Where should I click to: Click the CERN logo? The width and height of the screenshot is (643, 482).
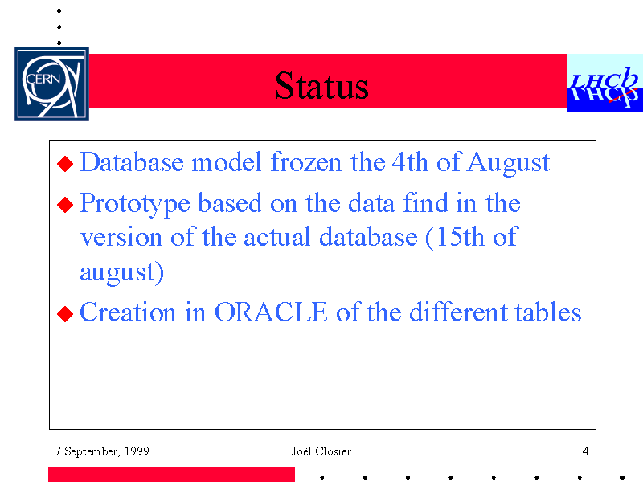point(51,84)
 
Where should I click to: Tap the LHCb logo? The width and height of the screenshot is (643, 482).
point(604,83)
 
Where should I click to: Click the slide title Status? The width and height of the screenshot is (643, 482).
point(321,85)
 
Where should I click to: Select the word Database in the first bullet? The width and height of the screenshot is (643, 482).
point(132,162)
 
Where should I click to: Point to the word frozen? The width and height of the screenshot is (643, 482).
point(306,162)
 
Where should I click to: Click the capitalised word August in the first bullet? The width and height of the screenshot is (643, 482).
point(508,163)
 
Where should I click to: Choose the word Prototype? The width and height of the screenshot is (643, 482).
point(135,204)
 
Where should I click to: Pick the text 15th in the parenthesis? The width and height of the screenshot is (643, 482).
point(459,236)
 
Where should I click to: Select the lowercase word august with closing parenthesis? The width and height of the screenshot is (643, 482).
point(122,272)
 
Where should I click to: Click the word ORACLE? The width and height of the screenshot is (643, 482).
point(271,312)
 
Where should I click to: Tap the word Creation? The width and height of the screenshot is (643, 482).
point(128,312)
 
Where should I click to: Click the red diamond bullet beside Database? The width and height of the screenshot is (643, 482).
point(65,164)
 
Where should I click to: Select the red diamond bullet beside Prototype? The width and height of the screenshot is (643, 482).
point(65,205)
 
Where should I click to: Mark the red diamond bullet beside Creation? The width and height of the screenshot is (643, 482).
point(65,314)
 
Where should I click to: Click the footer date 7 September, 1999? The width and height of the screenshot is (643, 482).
point(102,451)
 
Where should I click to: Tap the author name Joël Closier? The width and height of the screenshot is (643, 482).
point(321,451)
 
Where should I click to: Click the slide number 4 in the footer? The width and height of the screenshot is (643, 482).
point(585,451)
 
